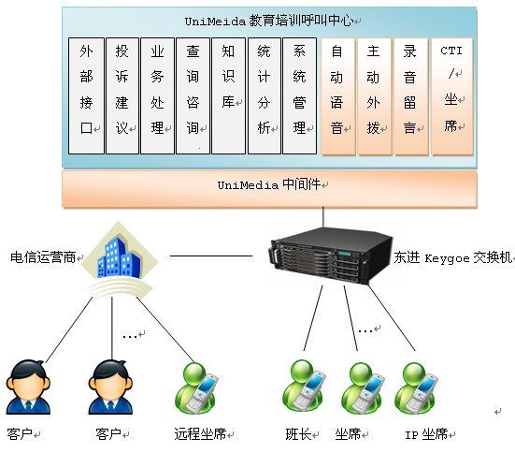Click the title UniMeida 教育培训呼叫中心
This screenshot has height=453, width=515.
pyautogui.click(x=269, y=22)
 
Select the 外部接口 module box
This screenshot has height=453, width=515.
pyautogui.click(x=86, y=95)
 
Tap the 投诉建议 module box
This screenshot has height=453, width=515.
pyautogui.click(x=122, y=95)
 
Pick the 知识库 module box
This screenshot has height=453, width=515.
pyautogui.click(x=229, y=95)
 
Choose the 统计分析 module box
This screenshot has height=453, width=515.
pyautogui.click(x=265, y=95)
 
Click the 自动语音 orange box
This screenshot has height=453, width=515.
pyautogui.click(x=338, y=96)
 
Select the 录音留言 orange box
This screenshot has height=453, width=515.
pyautogui.click(x=411, y=96)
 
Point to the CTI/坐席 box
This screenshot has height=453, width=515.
pyautogui.click(x=452, y=96)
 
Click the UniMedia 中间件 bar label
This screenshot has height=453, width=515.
pyautogui.click(x=269, y=184)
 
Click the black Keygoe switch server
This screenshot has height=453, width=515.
pyautogui.click(x=330, y=256)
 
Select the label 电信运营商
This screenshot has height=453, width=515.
pyautogui.click(x=43, y=257)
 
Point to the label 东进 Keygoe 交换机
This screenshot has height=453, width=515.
pyautogui.click(x=452, y=257)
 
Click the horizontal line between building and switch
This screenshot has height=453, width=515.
pyautogui.click(x=211, y=256)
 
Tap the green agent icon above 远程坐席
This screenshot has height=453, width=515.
pyautogui.click(x=196, y=388)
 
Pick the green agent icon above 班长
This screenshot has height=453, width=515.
pyautogui.click(x=304, y=386)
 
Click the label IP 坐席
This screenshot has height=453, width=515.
pyautogui.click(x=426, y=434)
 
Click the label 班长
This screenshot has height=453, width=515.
pyautogui.click(x=298, y=434)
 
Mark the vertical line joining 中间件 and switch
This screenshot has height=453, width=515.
pyautogui.click(x=323, y=217)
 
